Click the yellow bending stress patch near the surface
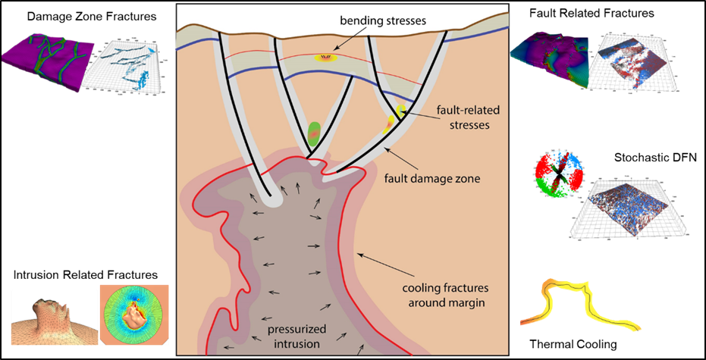[328, 56]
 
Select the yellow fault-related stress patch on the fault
[395, 117]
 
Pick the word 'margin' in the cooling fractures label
[468, 302]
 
